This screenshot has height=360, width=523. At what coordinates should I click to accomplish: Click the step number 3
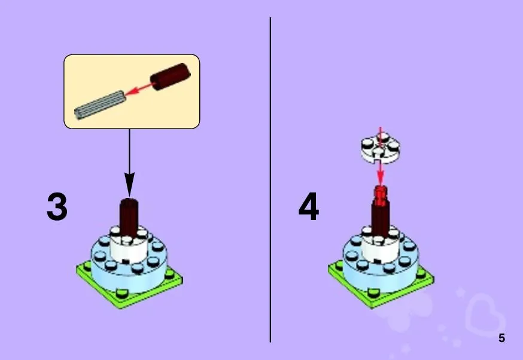point(57,206)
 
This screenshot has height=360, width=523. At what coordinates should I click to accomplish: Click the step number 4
point(309,206)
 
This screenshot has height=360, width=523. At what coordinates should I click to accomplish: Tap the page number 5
point(501,338)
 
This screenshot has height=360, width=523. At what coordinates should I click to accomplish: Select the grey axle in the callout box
point(100,105)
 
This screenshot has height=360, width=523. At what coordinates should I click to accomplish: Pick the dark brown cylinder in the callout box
point(170,77)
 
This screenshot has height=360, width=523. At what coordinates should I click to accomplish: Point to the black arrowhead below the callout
point(129,184)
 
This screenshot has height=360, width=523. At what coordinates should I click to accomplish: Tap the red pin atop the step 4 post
point(380,195)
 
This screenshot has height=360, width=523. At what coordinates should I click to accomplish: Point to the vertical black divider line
point(270,180)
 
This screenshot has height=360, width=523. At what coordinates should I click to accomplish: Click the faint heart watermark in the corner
point(485,312)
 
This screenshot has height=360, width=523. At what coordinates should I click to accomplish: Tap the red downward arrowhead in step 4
point(381,178)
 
